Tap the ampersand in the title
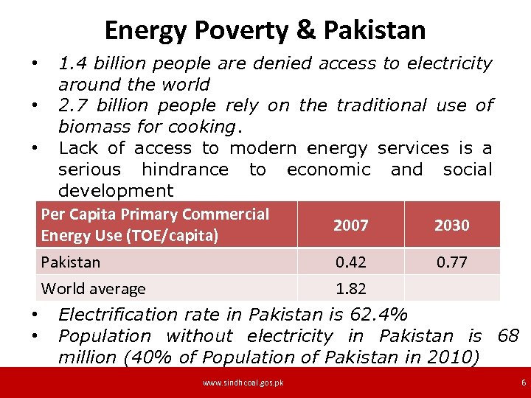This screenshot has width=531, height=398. coord(304,30)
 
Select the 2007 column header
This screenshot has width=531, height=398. coord(351,226)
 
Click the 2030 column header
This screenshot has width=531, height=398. coord(451,226)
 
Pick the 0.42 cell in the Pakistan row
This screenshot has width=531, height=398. coord(351,262)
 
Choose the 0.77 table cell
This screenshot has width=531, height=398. coord(451,262)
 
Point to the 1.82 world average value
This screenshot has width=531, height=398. coord(351,289)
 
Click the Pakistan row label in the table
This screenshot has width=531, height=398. coord(71,262)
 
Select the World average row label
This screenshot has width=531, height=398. coord(93,289)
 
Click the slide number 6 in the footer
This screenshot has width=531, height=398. coord(524,383)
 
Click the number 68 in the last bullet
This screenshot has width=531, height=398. coord(508,336)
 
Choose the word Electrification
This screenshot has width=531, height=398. coord(118,315)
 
